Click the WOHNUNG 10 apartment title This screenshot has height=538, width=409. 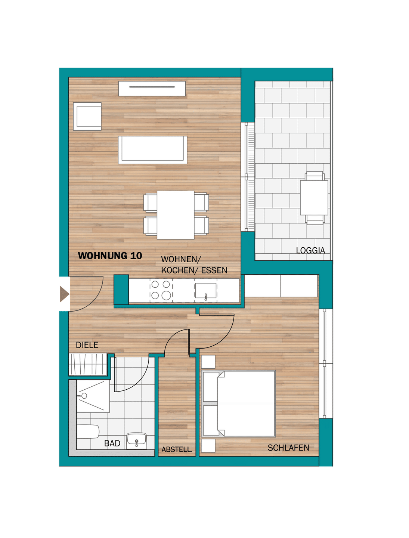point(110,256)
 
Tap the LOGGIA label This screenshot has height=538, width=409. point(310,250)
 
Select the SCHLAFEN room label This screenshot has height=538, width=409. point(288,448)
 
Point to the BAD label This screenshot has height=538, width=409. point(112,443)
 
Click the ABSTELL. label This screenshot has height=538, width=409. point(177,449)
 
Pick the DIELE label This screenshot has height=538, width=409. point(87,345)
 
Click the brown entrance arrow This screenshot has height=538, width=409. point(65,294)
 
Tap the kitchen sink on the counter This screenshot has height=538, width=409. point(205,291)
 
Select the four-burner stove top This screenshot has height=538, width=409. point(161,290)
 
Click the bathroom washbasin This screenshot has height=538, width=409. point(136,441)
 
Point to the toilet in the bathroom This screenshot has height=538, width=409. point(88,431)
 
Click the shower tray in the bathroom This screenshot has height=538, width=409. point(93,396)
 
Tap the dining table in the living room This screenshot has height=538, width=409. point(176,215)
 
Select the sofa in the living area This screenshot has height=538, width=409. point(152,150)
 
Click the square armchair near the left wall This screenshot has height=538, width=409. point(87,117)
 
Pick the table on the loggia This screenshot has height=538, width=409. point(314,198)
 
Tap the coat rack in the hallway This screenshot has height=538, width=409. point(88,364)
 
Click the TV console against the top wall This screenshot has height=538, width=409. point(152,89)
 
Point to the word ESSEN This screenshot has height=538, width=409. point(214,270)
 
